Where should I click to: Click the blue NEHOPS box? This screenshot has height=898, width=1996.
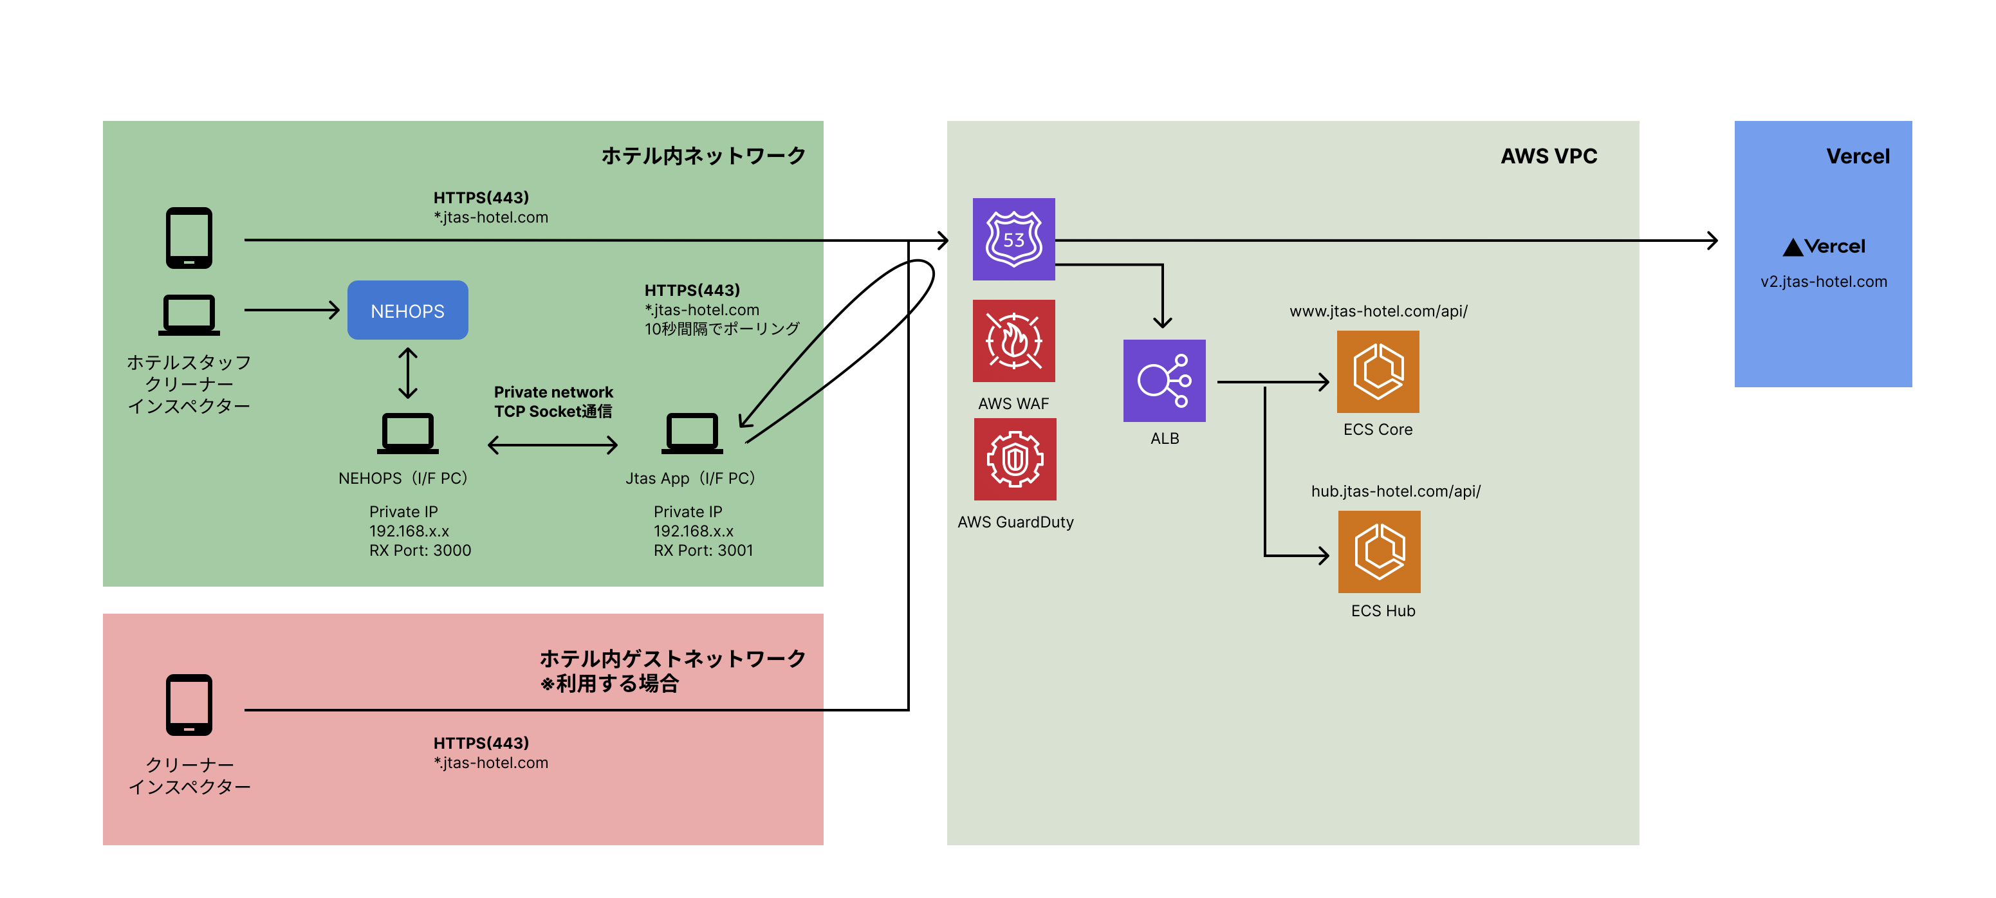point(407,311)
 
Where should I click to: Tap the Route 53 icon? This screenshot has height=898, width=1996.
point(1013,239)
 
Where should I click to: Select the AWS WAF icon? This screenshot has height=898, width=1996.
point(1013,341)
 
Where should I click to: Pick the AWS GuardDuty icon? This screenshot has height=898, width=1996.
point(1015,459)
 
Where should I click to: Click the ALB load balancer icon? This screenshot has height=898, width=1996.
point(1164,380)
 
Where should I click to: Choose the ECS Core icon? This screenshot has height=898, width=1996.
point(1378,372)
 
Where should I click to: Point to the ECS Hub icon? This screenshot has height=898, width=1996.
point(1379,552)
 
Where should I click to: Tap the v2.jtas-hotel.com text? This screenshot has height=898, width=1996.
point(1823,282)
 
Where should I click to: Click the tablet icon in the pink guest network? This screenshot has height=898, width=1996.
point(189,704)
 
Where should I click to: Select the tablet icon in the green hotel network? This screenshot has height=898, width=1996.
point(189,238)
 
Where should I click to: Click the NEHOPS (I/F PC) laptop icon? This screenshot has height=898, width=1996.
point(407,434)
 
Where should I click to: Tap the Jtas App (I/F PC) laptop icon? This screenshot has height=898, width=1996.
point(692,434)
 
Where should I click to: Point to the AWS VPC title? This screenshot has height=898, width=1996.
point(1548,156)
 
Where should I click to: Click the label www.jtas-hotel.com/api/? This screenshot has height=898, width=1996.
point(1378,311)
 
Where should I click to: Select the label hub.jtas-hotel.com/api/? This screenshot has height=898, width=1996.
point(1396,491)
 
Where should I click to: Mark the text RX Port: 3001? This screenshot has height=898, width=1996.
point(703,551)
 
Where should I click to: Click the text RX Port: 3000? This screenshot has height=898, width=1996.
point(420,551)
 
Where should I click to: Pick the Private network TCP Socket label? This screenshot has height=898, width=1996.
point(553,401)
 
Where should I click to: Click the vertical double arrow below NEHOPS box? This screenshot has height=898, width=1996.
point(407,372)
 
